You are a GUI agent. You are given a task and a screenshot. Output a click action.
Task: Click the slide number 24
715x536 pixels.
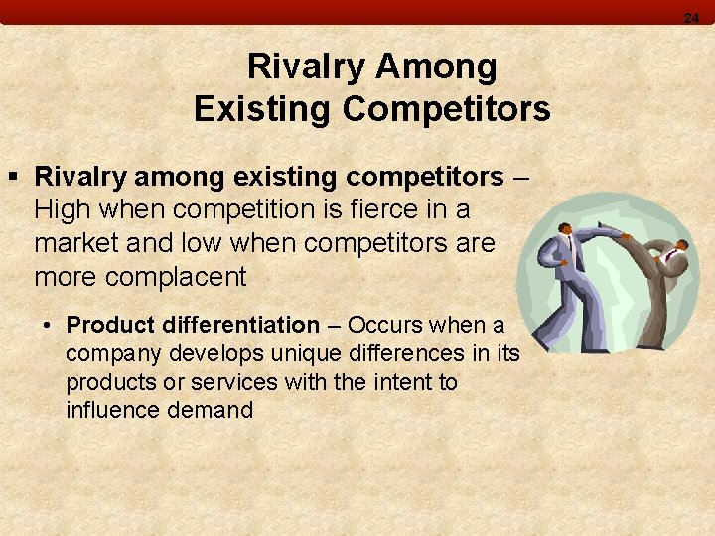tap(691, 17)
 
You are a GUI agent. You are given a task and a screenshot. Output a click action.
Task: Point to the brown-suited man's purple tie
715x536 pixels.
tap(674, 256)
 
